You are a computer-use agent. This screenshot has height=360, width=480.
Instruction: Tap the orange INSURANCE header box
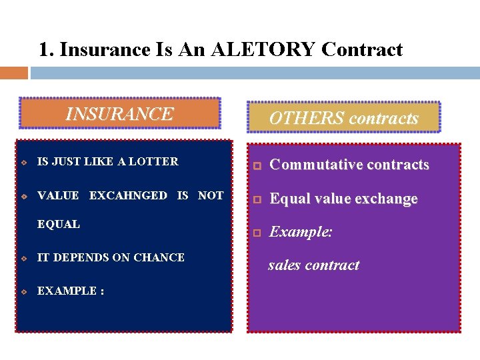tap(120, 113)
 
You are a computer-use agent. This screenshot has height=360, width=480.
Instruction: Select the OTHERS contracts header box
tap(343, 118)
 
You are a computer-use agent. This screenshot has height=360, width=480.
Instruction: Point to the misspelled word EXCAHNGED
tap(128, 195)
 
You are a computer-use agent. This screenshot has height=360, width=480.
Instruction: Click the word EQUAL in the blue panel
tap(59, 224)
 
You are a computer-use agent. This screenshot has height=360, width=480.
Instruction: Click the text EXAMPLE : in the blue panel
tap(71, 291)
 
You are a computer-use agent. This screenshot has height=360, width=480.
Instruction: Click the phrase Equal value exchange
tap(343, 199)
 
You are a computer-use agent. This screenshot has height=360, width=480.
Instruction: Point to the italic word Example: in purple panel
tap(301, 232)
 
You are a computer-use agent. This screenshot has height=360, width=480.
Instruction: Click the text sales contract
tap(313, 265)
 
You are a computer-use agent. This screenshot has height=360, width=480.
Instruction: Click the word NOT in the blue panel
tap(211, 195)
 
